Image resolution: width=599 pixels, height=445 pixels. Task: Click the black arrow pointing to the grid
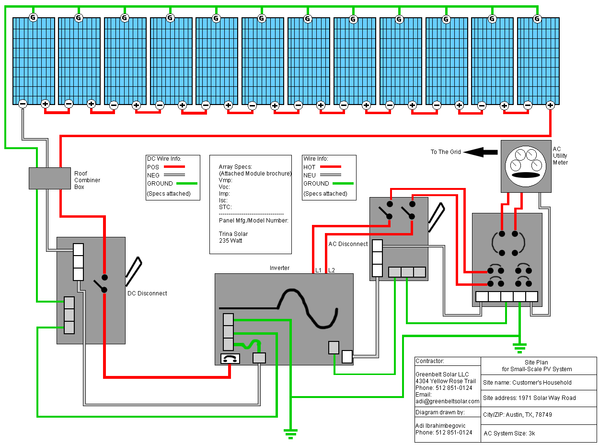pos(481,152)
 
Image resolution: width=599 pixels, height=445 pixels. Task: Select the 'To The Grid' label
pos(445,152)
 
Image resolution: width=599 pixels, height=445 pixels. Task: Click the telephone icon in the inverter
pos(230,358)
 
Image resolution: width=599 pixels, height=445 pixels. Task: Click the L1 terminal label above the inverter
pos(318,270)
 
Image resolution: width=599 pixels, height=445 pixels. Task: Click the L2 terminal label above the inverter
pos(331,270)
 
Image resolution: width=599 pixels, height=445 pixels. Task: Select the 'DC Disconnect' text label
pos(147,293)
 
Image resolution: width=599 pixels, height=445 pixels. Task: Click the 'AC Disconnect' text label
pos(348,244)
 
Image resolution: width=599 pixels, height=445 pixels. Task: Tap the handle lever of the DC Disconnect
pos(134,269)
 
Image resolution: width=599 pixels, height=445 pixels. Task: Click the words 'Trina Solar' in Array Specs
pos(233,234)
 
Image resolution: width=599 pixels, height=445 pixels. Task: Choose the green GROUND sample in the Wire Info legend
pos(342,183)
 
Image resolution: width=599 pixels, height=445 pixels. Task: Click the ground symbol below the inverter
pos(290,433)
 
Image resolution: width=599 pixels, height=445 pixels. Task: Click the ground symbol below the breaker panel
pos(519,346)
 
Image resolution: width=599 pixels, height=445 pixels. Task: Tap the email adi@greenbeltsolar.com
pos(447,401)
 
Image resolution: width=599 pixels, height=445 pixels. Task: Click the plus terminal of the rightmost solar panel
pos(550,105)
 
